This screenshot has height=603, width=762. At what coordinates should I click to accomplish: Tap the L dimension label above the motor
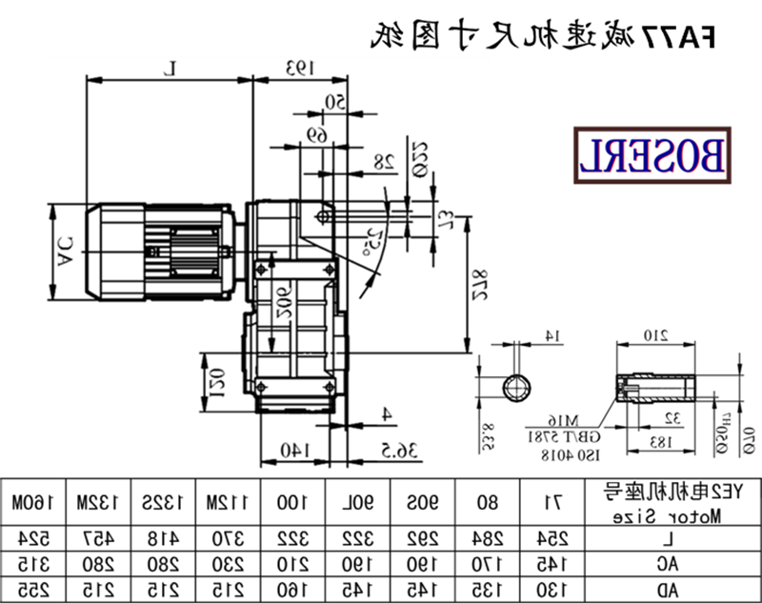point(170,68)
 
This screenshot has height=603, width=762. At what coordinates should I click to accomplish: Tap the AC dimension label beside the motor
point(64,251)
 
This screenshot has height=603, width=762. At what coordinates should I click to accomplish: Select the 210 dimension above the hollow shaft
point(653,335)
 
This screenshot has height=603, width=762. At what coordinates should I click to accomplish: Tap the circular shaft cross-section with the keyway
point(517,389)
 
